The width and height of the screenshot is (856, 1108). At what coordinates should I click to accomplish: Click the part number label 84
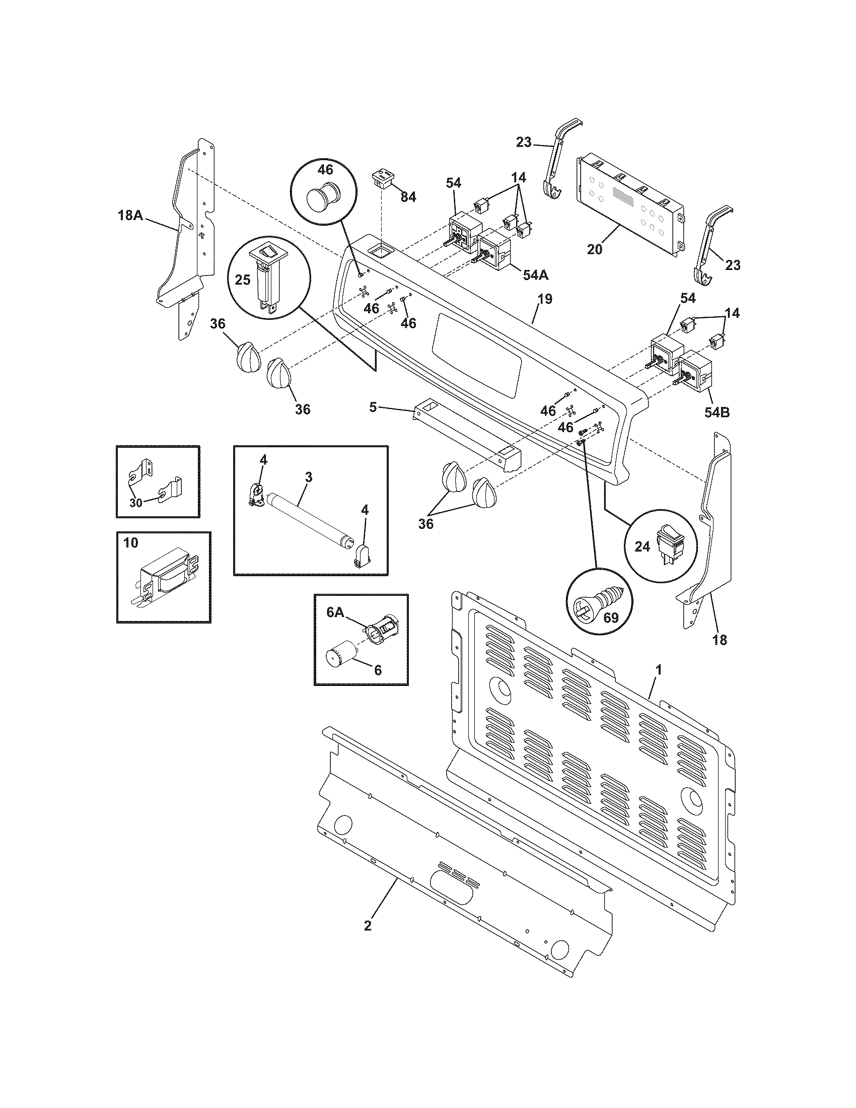408,197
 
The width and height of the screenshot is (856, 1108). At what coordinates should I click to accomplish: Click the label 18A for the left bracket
130,215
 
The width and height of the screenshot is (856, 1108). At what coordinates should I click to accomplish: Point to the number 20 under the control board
594,249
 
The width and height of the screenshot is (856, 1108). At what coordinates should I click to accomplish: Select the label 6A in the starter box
335,612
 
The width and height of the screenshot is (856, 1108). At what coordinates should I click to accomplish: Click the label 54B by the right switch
717,412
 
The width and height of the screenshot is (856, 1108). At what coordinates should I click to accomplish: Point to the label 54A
536,275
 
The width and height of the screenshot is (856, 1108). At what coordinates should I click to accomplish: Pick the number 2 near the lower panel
368,925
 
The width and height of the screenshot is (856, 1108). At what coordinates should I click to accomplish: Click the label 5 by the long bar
373,407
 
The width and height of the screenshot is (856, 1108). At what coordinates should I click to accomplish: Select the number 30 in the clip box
135,503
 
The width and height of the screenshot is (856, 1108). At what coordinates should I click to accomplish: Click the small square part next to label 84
383,180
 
